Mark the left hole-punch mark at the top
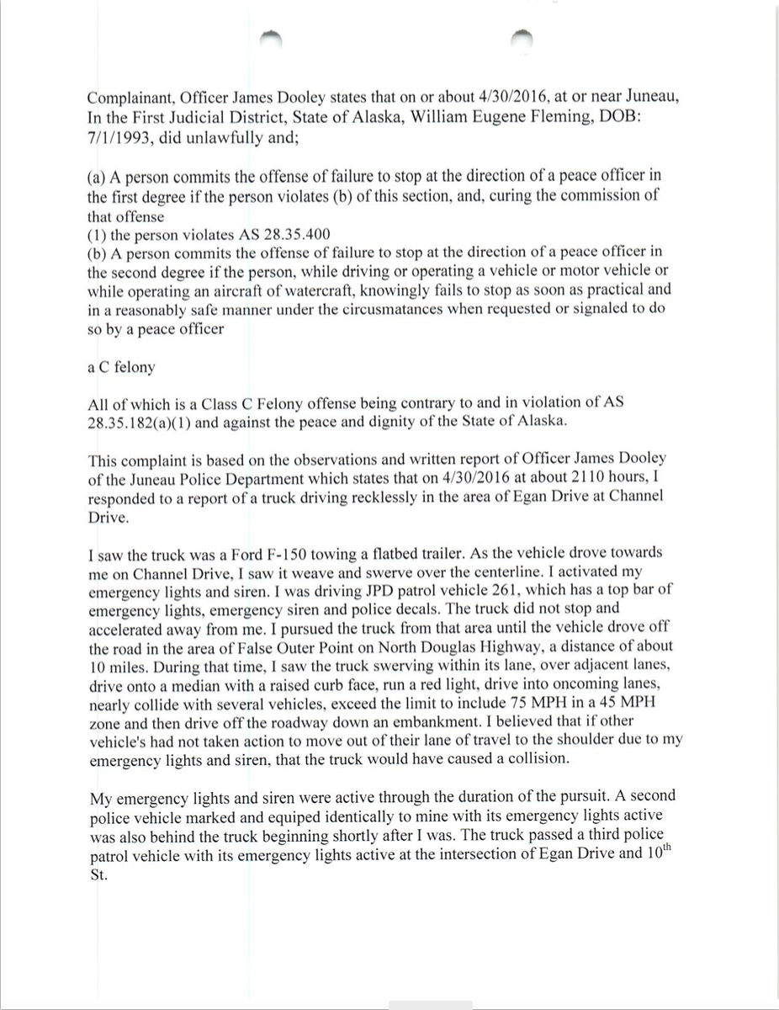point(271,35)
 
